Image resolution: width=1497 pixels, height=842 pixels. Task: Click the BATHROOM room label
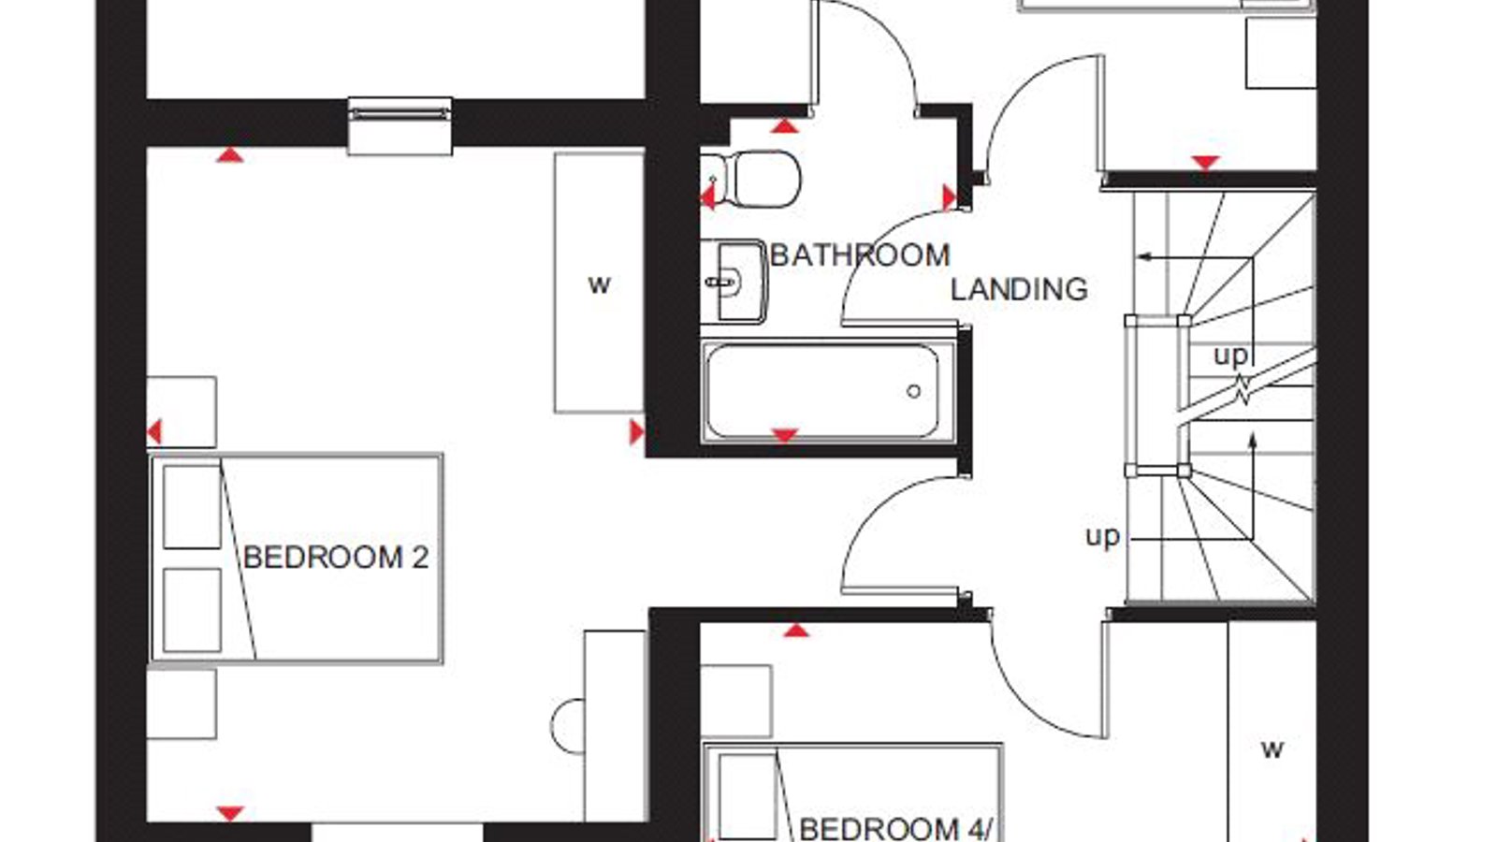pos(860,255)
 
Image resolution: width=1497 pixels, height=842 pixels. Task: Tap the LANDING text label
pos(1019,289)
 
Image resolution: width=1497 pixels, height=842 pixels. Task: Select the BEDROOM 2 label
pos(336,558)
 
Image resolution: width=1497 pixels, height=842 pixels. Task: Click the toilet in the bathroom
pos(752,179)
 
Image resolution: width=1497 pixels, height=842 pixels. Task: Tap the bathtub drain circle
pos(913,392)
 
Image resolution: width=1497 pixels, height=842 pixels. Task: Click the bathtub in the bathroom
pos(829,392)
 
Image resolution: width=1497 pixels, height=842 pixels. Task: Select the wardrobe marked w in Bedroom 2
pos(599,283)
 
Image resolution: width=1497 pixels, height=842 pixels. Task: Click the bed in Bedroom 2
pos(297,559)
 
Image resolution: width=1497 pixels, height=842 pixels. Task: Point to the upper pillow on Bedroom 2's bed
pos(192,507)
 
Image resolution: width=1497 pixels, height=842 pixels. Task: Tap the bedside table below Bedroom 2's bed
pos(182,704)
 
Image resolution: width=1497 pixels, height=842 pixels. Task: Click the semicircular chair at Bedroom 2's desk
pos(568,726)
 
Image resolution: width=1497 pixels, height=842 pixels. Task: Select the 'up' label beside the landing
pos(1103,536)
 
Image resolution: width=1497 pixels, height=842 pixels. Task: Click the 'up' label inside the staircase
pos(1230,355)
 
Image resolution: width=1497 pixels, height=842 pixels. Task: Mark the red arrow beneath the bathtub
pos(785,436)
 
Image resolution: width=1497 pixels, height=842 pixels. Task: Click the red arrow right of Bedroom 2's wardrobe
pos(636,432)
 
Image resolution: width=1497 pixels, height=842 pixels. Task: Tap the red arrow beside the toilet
pos(707,197)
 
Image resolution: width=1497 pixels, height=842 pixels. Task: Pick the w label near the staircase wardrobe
pos(1272,749)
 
